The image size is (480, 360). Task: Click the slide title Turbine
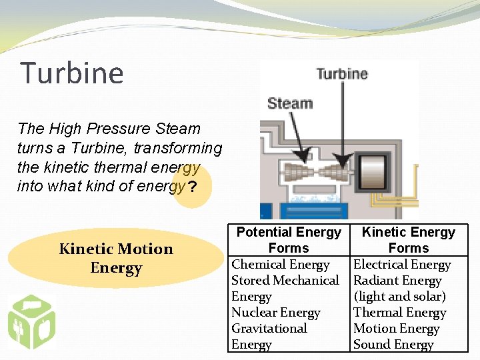72,73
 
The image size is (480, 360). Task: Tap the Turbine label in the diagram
342,73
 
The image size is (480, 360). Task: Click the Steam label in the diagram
290,103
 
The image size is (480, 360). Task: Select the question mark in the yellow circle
192,187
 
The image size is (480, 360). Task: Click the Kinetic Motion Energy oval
116,259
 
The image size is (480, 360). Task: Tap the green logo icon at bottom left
31,321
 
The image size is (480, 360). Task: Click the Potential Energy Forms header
289,240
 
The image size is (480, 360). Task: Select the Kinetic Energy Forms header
408,240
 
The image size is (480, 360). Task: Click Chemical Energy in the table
281,265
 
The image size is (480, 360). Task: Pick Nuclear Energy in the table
276,313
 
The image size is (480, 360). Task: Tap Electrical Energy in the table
402,265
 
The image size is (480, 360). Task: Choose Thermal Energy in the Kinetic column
399,313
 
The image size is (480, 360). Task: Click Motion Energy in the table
396,329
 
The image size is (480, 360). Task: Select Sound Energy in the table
393,345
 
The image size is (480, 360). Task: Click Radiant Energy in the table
397,281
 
